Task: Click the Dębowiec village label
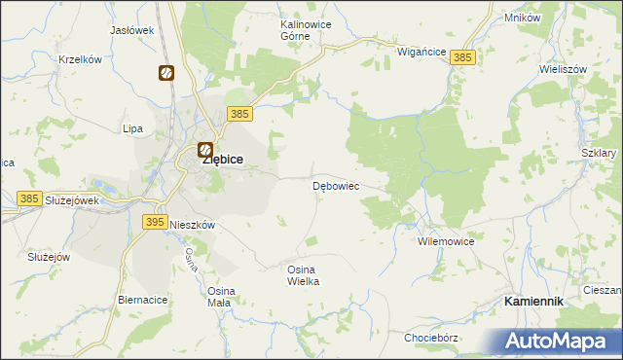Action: point(336,185)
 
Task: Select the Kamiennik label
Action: point(533,302)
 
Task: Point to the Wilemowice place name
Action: point(445,240)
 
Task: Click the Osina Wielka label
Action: point(303,274)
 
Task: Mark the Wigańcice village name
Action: point(421,51)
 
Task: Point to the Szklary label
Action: point(599,154)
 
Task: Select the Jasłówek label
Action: point(132,30)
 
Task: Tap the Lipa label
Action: point(132,128)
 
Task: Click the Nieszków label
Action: point(192,224)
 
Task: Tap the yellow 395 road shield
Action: point(154,222)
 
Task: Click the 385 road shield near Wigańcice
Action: point(463,58)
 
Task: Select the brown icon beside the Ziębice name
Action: point(204,150)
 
